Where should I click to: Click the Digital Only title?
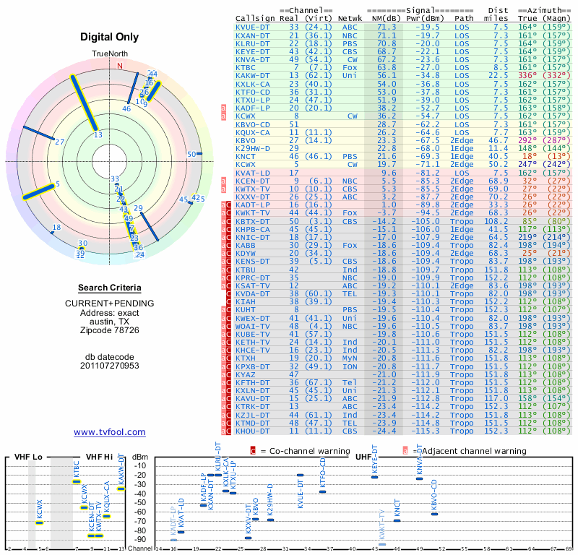pyautogui.click(x=110, y=38)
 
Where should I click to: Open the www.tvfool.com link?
pyautogui.click(x=110, y=432)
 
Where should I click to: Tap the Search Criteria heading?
pyautogui.click(x=110, y=288)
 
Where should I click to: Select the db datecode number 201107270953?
pyautogui.click(x=110, y=366)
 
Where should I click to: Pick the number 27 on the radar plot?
pyautogui.click(x=59, y=142)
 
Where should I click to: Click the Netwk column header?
pyautogui.click(x=350, y=17)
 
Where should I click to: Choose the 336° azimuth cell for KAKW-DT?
pyautogui.click(x=527, y=74)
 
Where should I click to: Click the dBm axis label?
pyautogui.click(x=140, y=457)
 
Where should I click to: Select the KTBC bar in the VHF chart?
pyautogui.click(x=76, y=481)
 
